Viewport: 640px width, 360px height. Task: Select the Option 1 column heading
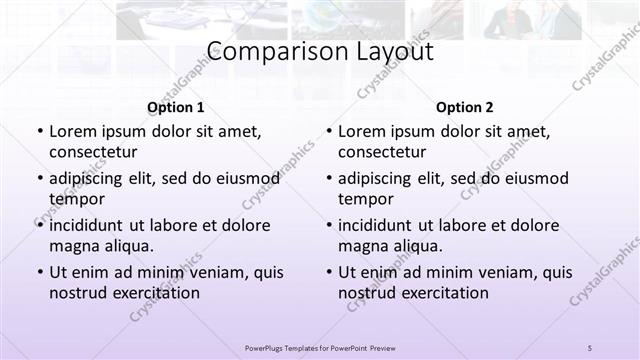pyautogui.click(x=176, y=107)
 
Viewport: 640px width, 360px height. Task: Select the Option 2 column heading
pyautogui.click(x=465, y=107)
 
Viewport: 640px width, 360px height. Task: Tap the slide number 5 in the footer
pyautogui.click(x=590, y=347)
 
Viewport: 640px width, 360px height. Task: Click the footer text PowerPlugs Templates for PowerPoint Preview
pyautogui.click(x=320, y=347)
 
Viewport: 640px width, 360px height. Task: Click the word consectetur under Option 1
pyautogui.click(x=93, y=152)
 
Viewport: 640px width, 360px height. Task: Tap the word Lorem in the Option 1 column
pyautogui.click(x=71, y=131)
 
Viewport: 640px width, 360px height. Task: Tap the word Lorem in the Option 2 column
pyautogui.click(x=360, y=131)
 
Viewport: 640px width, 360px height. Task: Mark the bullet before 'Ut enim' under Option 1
pyautogui.click(x=38, y=273)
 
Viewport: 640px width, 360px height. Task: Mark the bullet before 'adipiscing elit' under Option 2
pyautogui.click(x=327, y=179)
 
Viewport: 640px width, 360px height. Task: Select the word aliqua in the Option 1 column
pyautogui.click(x=127, y=246)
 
